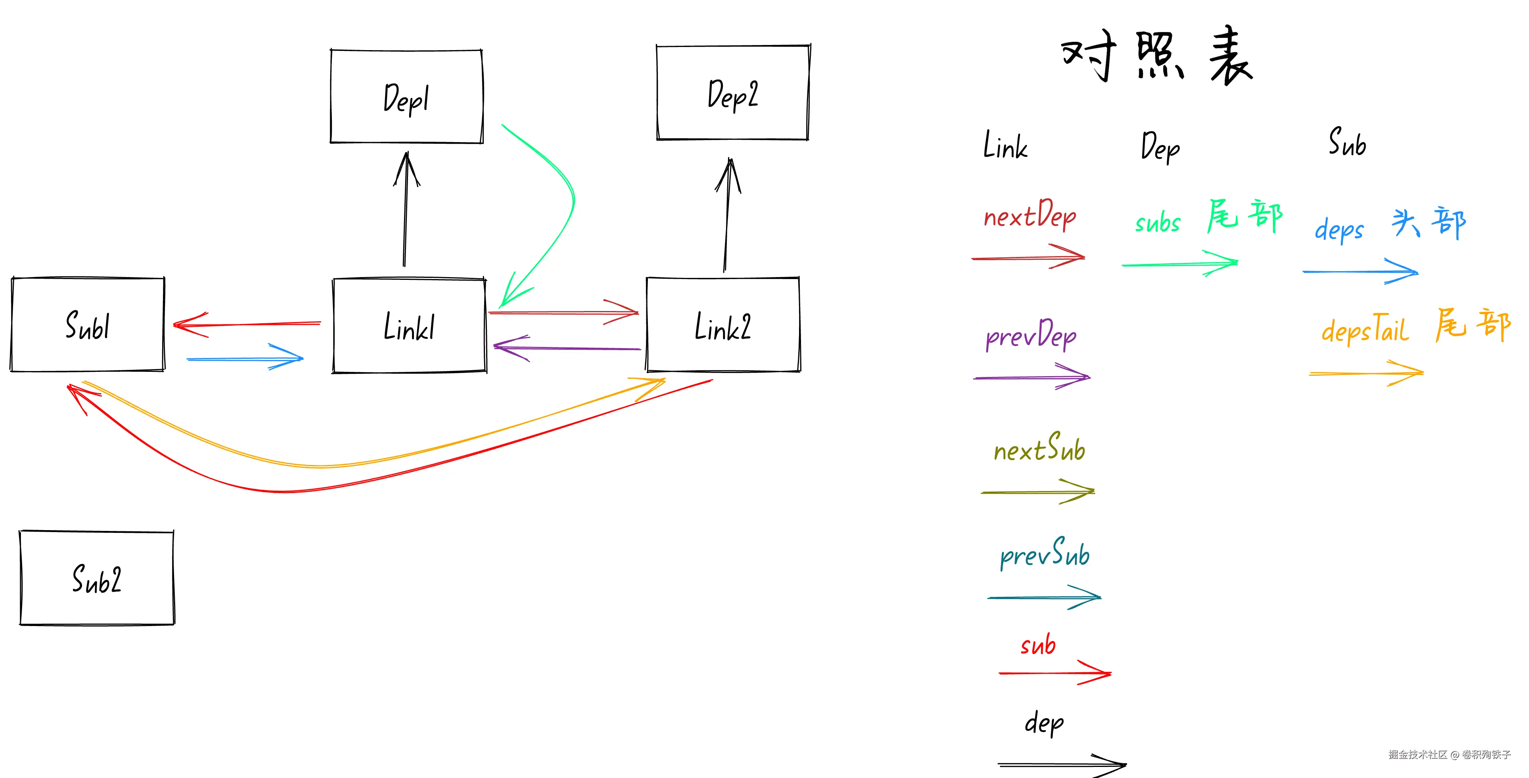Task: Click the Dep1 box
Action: click(x=406, y=97)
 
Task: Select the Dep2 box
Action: click(x=733, y=93)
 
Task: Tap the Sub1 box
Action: click(x=88, y=325)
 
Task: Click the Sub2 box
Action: click(x=97, y=578)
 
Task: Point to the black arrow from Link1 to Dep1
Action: click(x=405, y=214)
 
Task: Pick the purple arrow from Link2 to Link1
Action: click(x=567, y=348)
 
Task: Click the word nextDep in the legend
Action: click(x=1030, y=215)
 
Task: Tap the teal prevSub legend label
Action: click(x=1045, y=553)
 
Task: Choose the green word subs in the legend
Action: click(x=1157, y=223)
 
